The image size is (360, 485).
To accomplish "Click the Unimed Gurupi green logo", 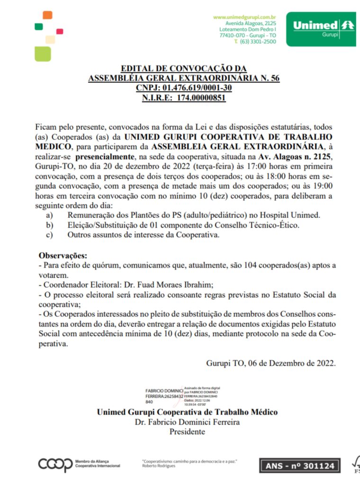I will click(x=324, y=29).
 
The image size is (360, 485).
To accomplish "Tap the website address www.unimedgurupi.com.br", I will click(x=244, y=17).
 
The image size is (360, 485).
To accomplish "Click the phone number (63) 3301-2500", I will click(x=258, y=42).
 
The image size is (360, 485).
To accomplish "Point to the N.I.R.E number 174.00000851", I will click(x=201, y=98).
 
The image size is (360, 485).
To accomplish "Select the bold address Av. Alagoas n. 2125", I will click(x=294, y=156).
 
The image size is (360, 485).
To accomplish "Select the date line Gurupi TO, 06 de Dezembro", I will click(x=271, y=363).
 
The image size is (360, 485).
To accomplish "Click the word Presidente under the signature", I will click(x=187, y=431).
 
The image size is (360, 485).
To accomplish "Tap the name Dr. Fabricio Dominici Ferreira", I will click(x=187, y=422).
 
